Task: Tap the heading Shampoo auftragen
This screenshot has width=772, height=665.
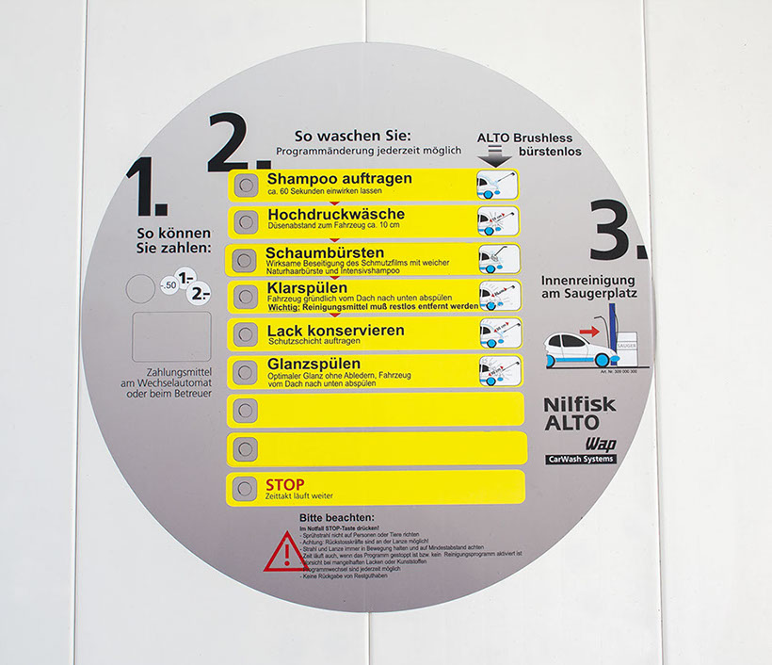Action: click(x=340, y=178)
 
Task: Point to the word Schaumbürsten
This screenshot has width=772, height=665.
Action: click(x=325, y=252)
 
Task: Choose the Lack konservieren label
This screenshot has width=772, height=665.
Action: click(x=335, y=331)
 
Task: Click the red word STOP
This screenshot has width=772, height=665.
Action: click(x=285, y=485)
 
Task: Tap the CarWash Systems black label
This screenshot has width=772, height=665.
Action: click(x=580, y=459)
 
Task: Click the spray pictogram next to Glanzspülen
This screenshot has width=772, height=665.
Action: click(x=498, y=370)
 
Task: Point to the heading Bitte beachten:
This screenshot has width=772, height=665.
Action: click(x=336, y=518)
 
